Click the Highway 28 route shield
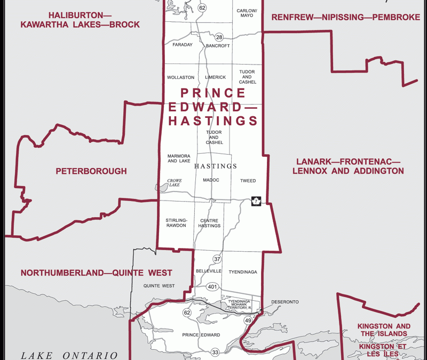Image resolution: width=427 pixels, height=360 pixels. click(219, 37)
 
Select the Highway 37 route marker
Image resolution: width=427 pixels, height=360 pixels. click(217, 259)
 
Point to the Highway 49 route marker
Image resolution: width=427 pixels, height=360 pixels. click(248, 320)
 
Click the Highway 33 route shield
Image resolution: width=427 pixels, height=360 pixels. click(215, 352)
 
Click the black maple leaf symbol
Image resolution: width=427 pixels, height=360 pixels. click(256, 201)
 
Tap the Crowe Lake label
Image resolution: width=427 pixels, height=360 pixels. click(175, 183)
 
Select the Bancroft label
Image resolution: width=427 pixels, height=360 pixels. click(218, 46)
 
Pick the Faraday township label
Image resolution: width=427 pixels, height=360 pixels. click(182, 45)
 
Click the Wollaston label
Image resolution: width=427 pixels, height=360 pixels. click(180, 77)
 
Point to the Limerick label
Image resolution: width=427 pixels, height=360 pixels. click(216, 77)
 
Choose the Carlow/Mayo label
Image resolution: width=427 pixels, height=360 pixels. click(247, 13)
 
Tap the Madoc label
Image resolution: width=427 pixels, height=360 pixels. click(211, 180)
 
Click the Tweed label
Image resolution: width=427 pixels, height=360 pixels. click(248, 181)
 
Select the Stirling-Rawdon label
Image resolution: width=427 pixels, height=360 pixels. click(176, 222)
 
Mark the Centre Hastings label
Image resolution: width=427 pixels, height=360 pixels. click(210, 222)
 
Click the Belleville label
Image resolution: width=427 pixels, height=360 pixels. click(208, 271)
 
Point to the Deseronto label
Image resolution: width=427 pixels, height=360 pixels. click(284, 302)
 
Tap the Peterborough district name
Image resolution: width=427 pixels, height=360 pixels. click(91, 171)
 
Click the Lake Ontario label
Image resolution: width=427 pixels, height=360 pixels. click(69, 355)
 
